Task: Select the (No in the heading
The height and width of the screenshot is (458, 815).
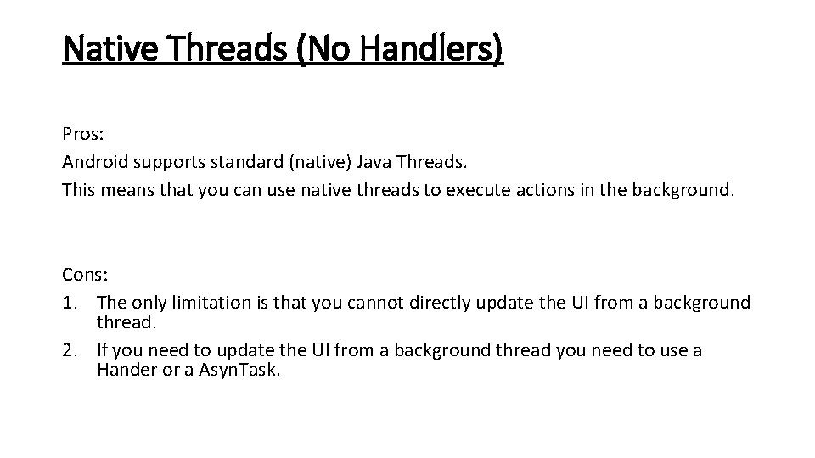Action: [x=322, y=48]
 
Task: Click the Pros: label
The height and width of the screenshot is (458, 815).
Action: [x=81, y=134]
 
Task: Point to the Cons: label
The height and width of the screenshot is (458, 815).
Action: [x=82, y=276]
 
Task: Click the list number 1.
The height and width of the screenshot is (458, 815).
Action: [x=69, y=303]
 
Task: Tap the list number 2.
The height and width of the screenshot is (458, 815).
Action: [x=69, y=350]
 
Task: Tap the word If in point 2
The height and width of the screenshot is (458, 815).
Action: [x=103, y=350]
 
